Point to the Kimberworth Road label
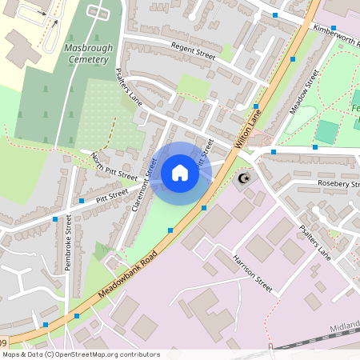[x=336, y=33]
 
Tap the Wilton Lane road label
[x=250, y=129]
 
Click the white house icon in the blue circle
[x=180, y=173]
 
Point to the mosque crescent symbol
[x=245, y=178]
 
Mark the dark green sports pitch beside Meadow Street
[x=326, y=131]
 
